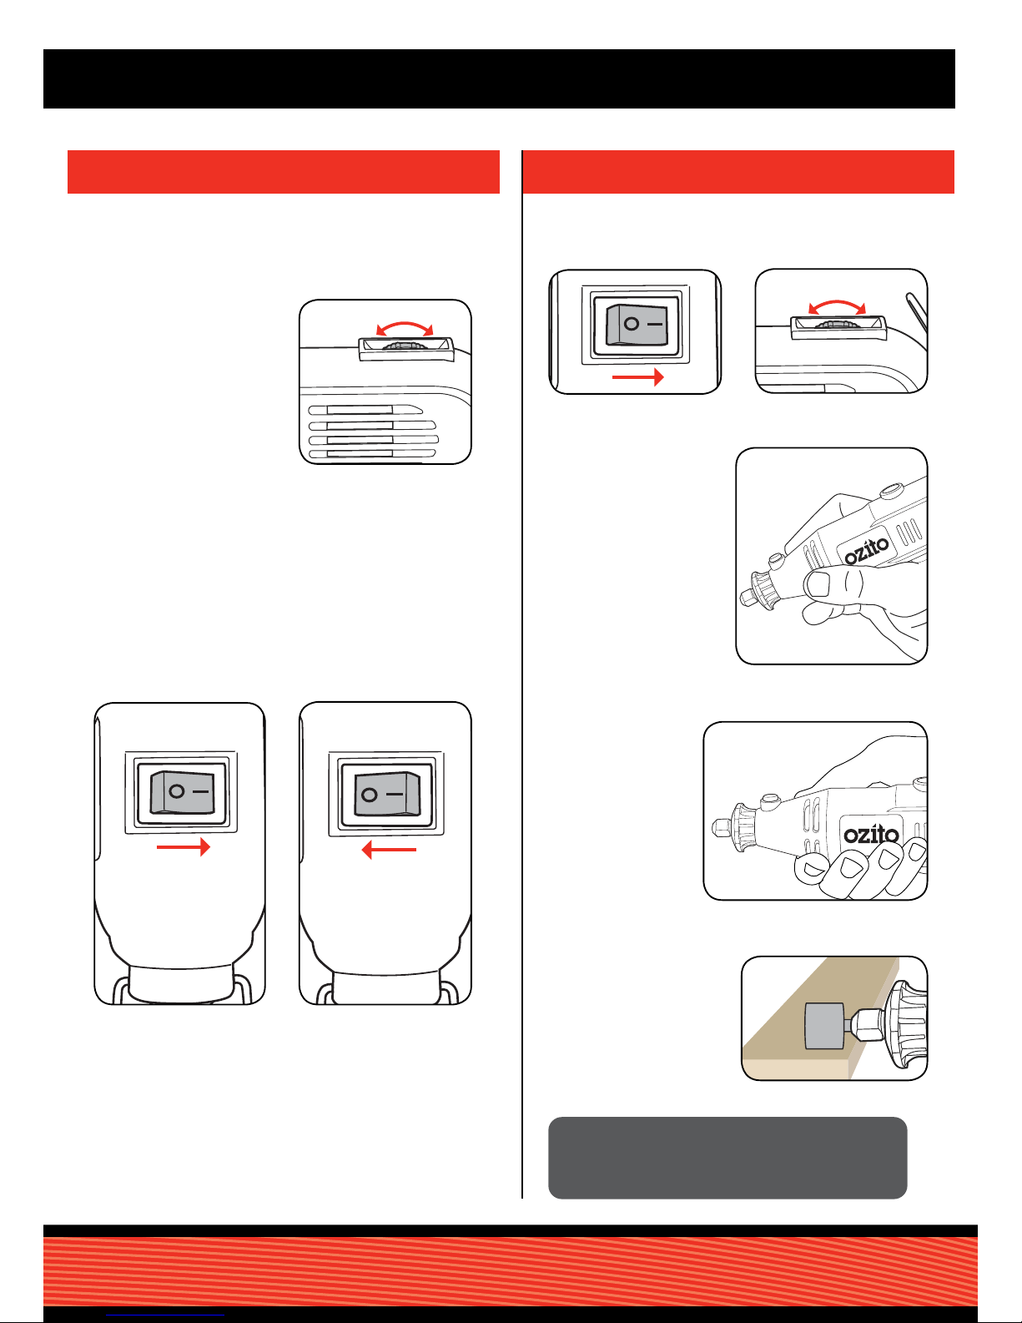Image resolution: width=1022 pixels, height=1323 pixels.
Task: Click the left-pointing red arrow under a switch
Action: point(389,850)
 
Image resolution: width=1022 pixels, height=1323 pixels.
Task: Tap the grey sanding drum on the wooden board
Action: point(824,1026)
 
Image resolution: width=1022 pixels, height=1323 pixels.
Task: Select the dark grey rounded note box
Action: point(727,1158)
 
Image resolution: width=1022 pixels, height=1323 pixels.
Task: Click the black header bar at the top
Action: point(499,79)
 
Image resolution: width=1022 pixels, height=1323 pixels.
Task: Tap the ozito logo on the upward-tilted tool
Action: point(866,550)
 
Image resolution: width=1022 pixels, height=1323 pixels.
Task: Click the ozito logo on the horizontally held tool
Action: point(870,834)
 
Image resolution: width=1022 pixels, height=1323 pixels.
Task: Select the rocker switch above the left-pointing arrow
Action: point(387,794)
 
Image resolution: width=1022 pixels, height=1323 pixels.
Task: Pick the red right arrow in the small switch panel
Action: point(637,377)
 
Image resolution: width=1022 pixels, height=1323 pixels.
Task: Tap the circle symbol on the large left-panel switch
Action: point(176,790)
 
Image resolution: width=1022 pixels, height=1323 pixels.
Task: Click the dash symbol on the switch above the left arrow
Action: point(394,795)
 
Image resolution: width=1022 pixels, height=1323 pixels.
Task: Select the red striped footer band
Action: point(511,1271)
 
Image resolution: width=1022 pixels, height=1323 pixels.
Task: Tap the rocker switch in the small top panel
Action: point(637,326)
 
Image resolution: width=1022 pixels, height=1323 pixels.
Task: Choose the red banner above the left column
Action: point(284,172)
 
